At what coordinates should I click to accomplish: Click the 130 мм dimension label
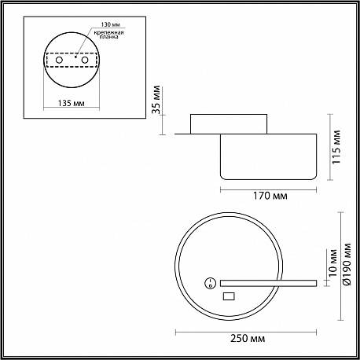pyautogui.click(x=111, y=24)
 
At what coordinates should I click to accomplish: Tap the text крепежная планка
pyautogui.click(x=109, y=35)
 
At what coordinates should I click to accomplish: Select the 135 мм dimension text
pyautogui.click(x=72, y=103)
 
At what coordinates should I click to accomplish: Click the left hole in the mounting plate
pyautogui.click(x=59, y=60)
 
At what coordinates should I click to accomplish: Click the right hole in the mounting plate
pyautogui.click(x=84, y=60)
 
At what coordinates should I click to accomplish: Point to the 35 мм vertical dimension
pyautogui.click(x=156, y=99)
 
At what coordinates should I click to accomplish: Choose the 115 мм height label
pyautogui.click(x=336, y=147)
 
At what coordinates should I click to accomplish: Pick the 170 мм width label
pyautogui.click(x=270, y=196)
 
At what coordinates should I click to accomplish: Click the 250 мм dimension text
pyautogui.click(x=248, y=338)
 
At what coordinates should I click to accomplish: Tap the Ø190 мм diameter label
pyautogui.click(x=347, y=264)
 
